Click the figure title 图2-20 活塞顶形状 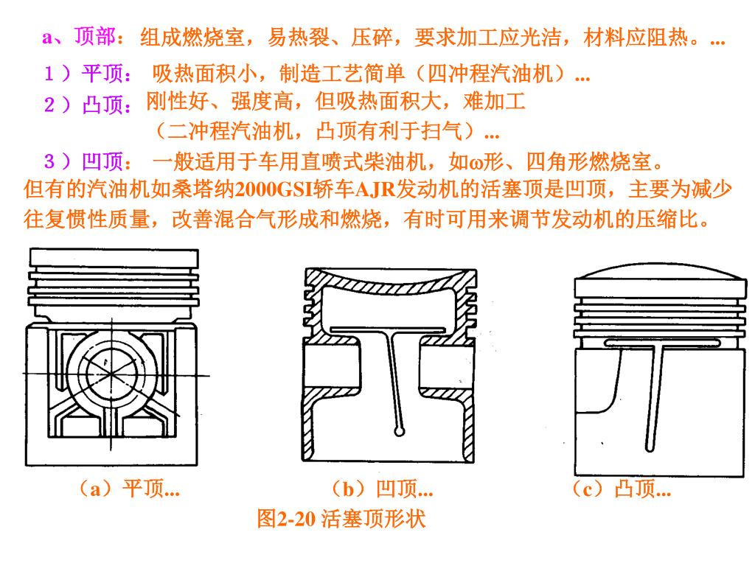pos(341,519)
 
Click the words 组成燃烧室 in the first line pos(194,38)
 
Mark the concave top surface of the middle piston pos(389,282)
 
